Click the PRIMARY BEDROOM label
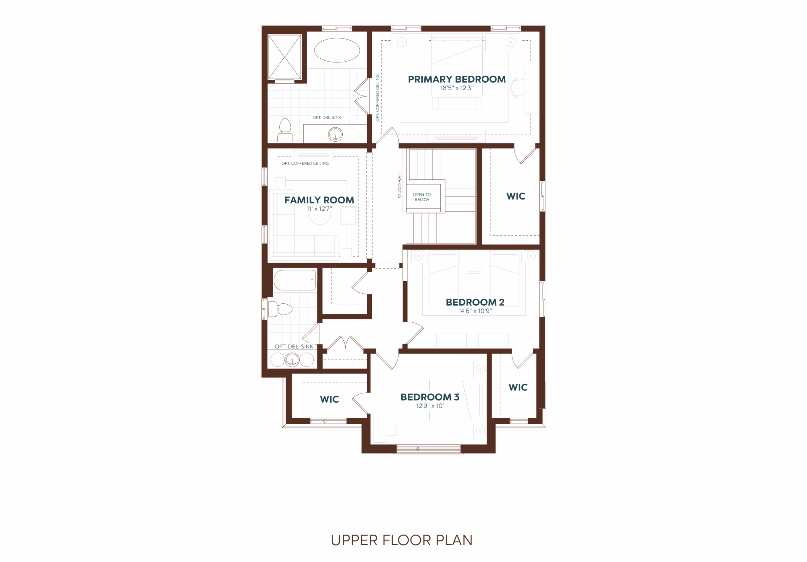click(456, 79)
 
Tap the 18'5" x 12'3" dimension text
click(456, 88)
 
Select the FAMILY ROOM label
click(319, 200)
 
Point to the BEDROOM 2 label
click(475, 302)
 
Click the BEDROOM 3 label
click(430, 397)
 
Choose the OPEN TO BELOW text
click(422, 197)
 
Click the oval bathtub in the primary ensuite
click(337, 50)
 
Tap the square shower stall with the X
click(284, 57)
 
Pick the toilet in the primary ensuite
click(285, 130)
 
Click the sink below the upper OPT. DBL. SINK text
click(335, 134)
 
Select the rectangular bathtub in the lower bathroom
click(294, 280)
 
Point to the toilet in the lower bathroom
click(280, 309)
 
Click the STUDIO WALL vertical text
click(400, 185)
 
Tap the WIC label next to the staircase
click(516, 196)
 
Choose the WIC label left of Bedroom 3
click(329, 399)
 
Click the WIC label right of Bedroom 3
click(518, 387)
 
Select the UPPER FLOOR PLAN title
click(401, 540)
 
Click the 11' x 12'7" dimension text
click(319, 209)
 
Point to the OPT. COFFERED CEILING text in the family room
click(305, 163)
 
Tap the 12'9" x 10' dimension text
click(430, 406)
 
